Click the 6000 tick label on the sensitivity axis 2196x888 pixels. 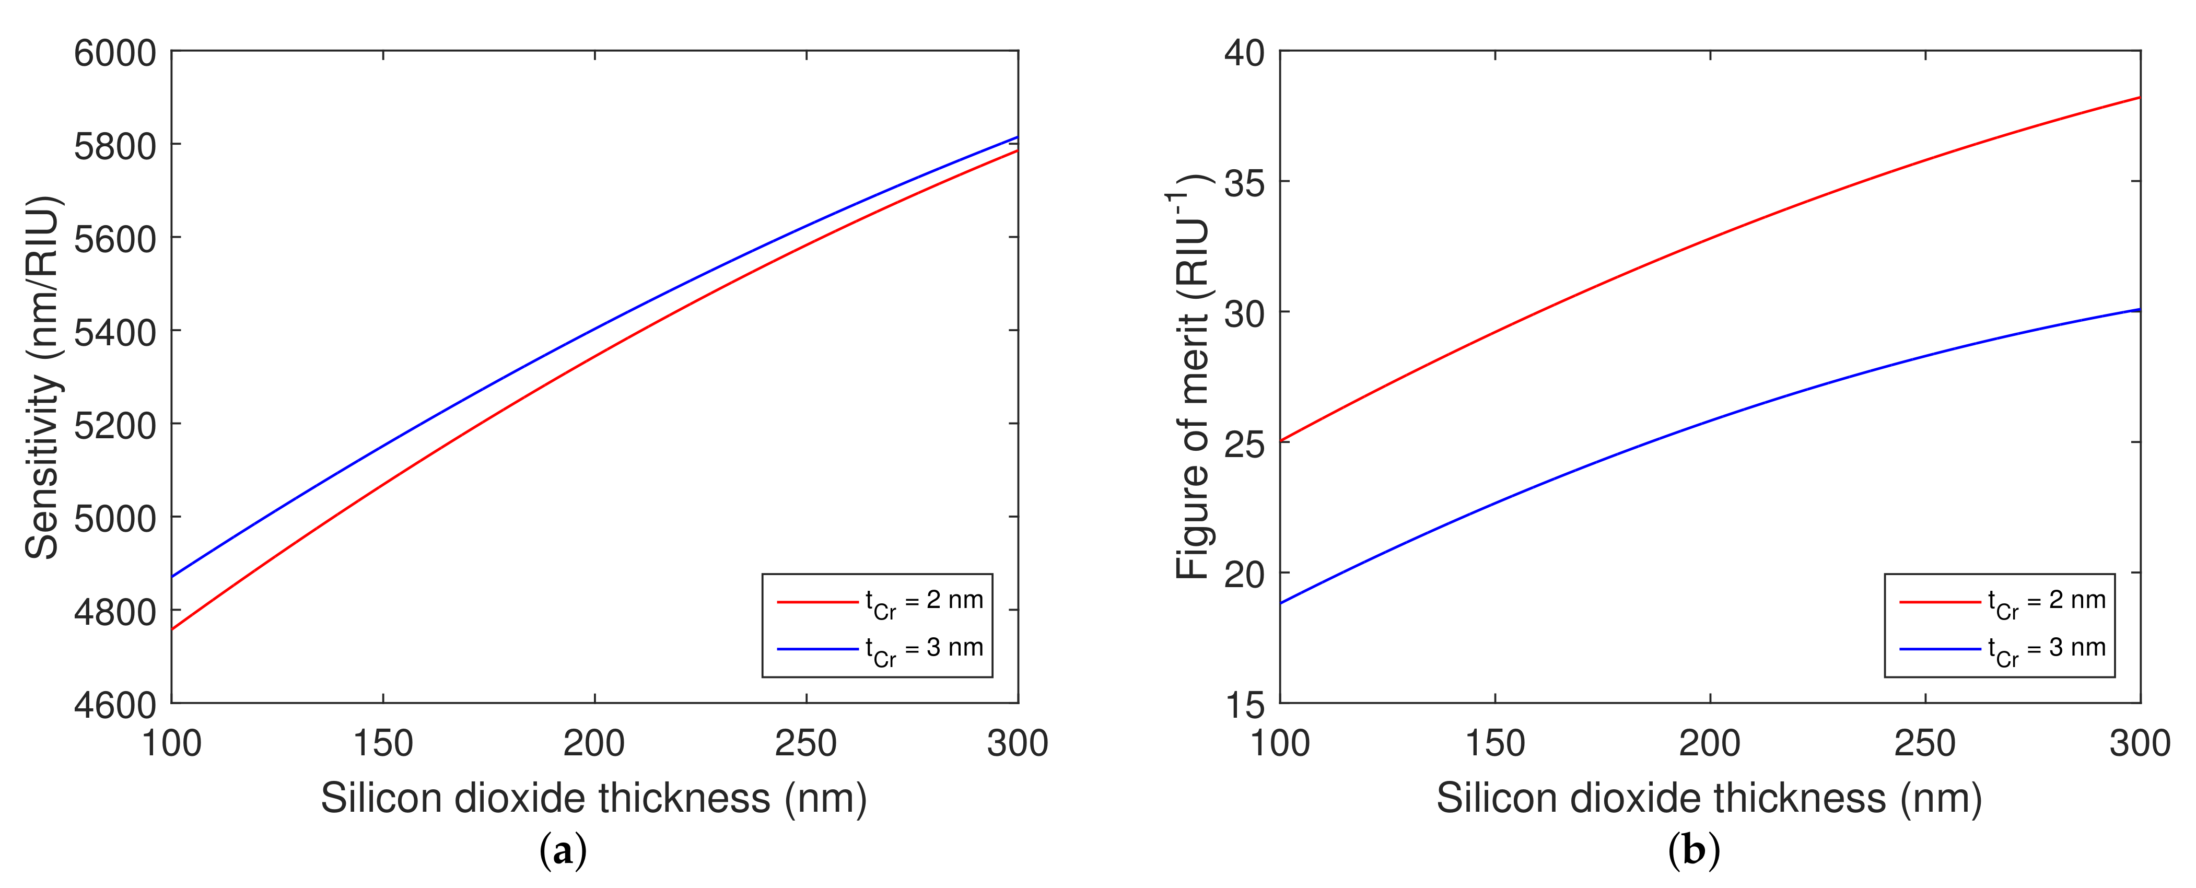pyautogui.click(x=115, y=54)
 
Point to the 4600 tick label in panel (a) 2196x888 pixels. pyautogui.click(x=115, y=705)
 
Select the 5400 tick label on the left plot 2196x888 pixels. pyautogui.click(x=115, y=332)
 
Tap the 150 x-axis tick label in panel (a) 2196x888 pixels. pyautogui.click(x=383, y=743)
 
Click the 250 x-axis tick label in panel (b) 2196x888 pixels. pyautogui.click(x=1925, y=743)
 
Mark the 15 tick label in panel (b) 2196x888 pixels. pyautogui.click(x=1245, y=705)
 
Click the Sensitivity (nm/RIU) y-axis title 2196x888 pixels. pyautogui.click(x=43, y=378)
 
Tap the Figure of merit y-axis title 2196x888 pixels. pyautogui.click(x=1192, y=378)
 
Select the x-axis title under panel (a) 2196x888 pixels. pyautogui.click(x=594, y=799)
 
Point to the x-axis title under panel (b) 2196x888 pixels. pyautogui.click(x=1709, y=799)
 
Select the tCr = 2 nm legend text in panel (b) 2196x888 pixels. pyautogui.click(x=2047, y=602)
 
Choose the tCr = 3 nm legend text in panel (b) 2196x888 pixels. pyautogui.click(x=2047, y=649)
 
